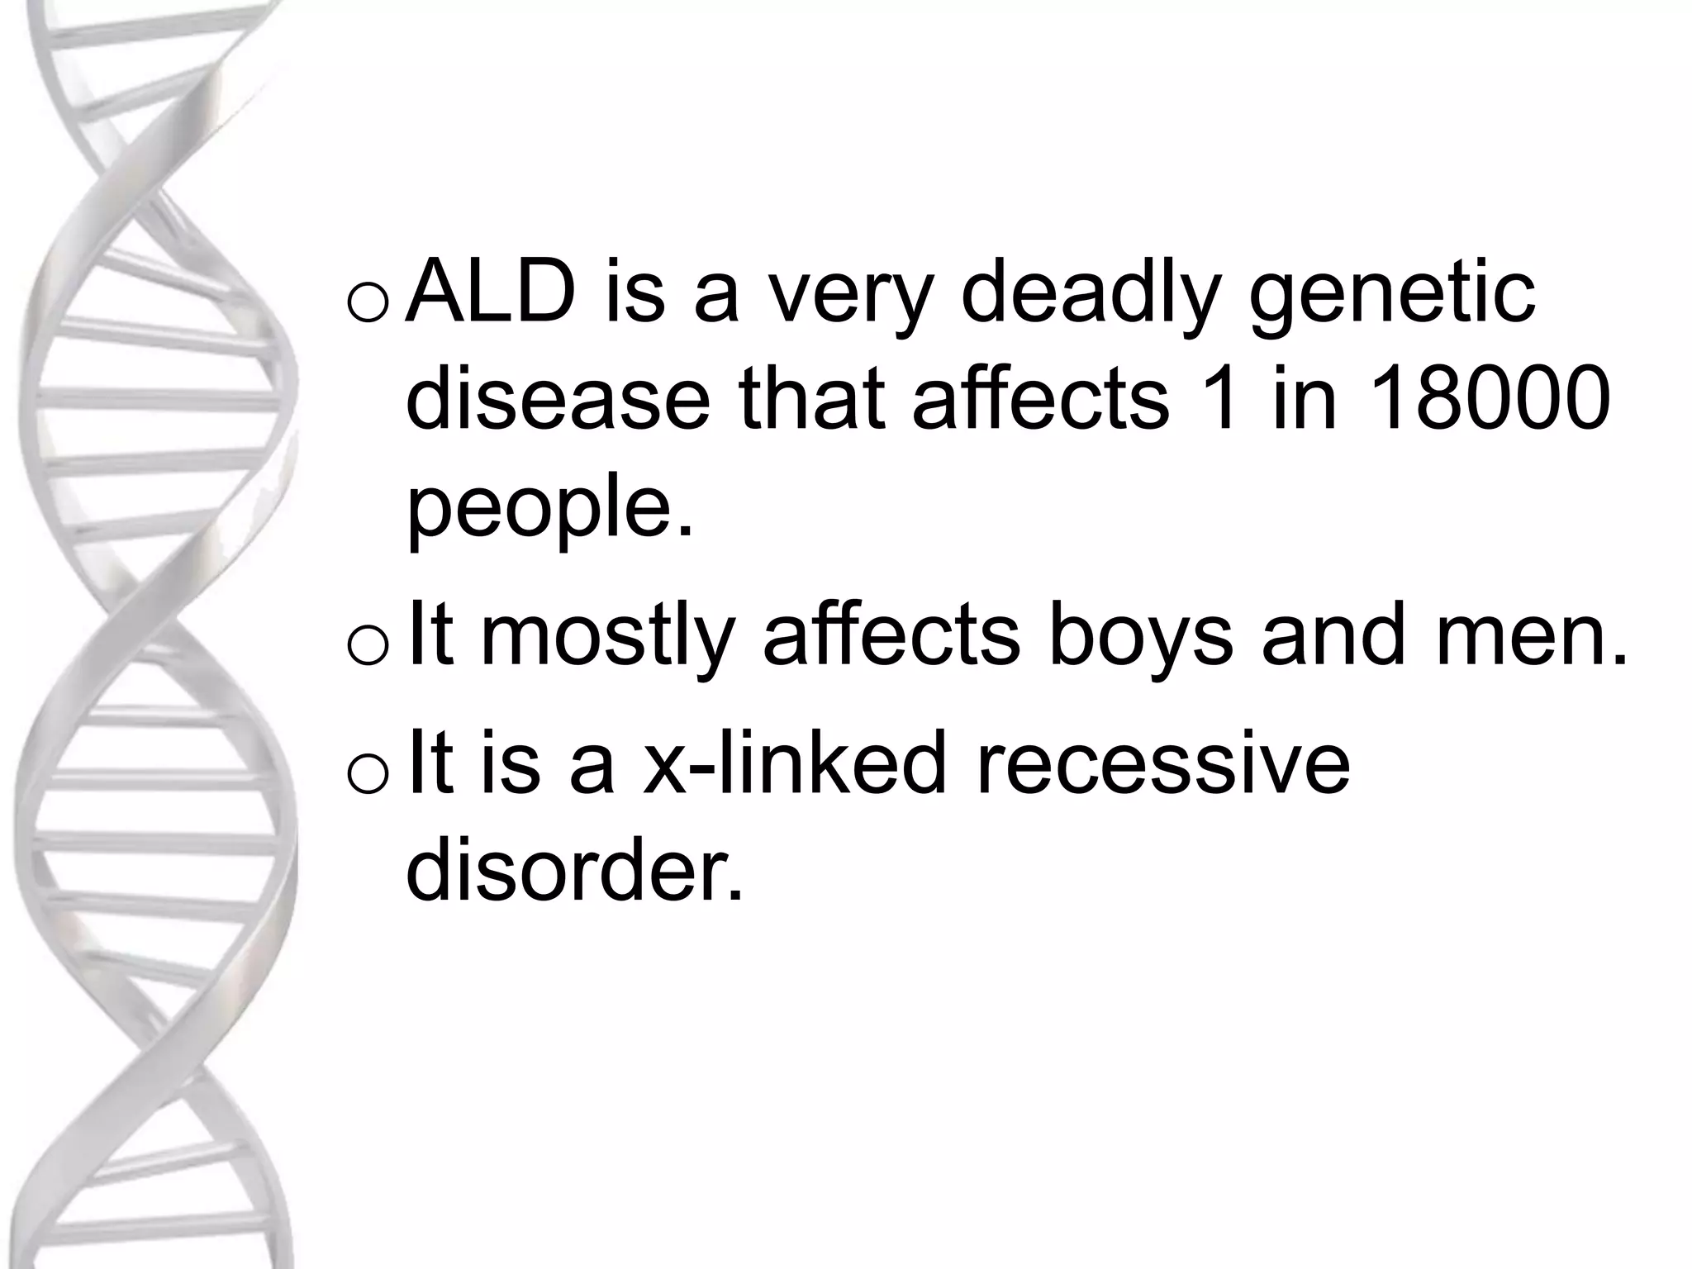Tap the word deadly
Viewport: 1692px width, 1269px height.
(1090, 293)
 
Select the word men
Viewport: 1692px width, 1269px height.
(1531, 635)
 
